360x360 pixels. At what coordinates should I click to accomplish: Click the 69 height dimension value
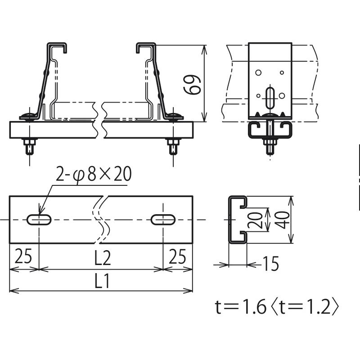coord(193,85)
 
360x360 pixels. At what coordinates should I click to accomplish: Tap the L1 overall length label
coord(102,280)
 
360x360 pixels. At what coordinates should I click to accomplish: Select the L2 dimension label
coord(103,258)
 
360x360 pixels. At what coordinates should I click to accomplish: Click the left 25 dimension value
coord(23,256)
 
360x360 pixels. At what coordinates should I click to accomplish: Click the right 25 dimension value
coord(177,256)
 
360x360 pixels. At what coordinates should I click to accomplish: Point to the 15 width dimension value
coord(271,264)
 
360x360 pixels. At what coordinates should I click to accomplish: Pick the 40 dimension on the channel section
coord(282,220)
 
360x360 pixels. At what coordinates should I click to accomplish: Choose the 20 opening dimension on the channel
coord(255,220)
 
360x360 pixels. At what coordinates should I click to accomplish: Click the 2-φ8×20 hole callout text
coord(94,174)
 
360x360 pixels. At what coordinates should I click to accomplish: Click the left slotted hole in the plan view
coord(39,220)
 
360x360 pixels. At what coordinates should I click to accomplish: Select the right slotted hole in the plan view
coord(163,220)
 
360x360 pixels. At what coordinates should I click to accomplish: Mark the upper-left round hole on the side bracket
coord(258,73)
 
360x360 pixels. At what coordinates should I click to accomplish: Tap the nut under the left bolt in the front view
coord(30,142)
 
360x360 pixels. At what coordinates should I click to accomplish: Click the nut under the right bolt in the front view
coord(173,142)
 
